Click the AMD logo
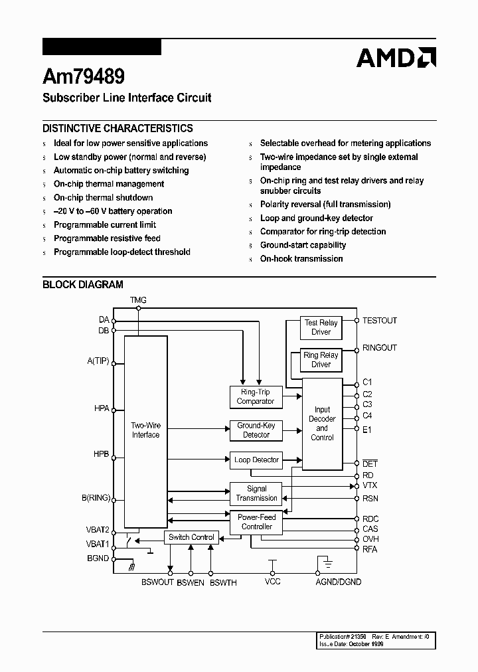396,58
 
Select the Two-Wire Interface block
145,430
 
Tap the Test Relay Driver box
321,327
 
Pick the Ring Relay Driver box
321,359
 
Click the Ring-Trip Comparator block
256,396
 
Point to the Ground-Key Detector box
256,430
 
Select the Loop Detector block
257,460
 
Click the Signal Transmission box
256,493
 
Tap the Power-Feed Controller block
256,522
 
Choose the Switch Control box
191,537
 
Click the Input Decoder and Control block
322,424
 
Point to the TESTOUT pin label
379,321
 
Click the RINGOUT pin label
379,348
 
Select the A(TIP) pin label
98,361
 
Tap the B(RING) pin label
96,497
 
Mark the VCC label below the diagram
272,582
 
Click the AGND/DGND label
339,582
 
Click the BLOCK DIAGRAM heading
83,285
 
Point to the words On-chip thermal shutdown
103,197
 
